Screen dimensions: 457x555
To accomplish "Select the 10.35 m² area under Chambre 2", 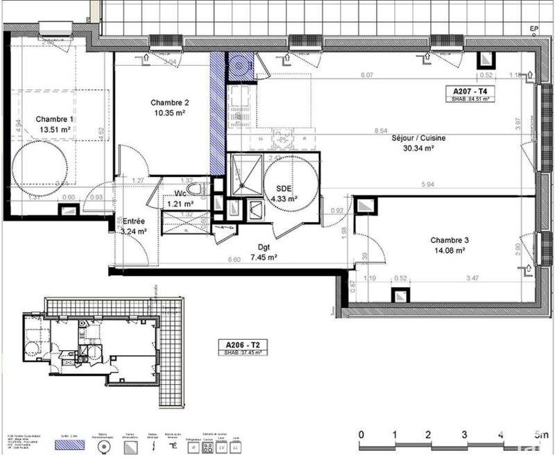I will coord(170,114).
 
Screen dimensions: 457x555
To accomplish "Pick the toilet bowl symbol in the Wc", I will coord(197,188).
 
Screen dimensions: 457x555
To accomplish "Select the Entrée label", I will coord(135,221).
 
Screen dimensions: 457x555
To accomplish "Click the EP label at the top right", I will coord(533,28).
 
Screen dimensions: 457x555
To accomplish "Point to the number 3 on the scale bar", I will coord(464,435).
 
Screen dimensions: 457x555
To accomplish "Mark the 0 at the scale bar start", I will coord(361,435).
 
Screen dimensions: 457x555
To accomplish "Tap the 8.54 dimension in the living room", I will coord(380,130).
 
